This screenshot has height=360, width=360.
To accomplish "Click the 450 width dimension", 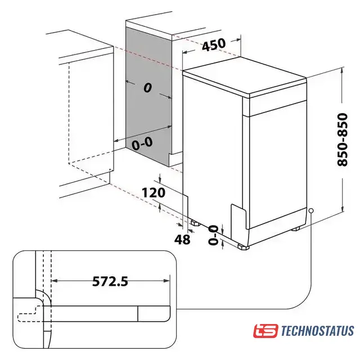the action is tap(214, 44).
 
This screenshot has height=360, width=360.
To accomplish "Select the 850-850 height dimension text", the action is tap(343, 139).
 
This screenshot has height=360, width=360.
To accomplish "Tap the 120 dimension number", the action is tap(154, 192).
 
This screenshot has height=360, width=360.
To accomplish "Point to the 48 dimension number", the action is tap(182, 240).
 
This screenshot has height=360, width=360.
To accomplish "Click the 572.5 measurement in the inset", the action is tap(110, 281).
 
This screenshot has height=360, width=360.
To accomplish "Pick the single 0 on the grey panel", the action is tap(148, 88).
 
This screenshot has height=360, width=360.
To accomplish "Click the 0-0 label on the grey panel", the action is tap(142, 143).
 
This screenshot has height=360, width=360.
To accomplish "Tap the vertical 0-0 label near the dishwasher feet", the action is tap(213, 235).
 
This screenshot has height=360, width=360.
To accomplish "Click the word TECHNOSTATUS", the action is tap(317, 331).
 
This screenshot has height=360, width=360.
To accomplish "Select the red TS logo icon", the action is tap(265, 331).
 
